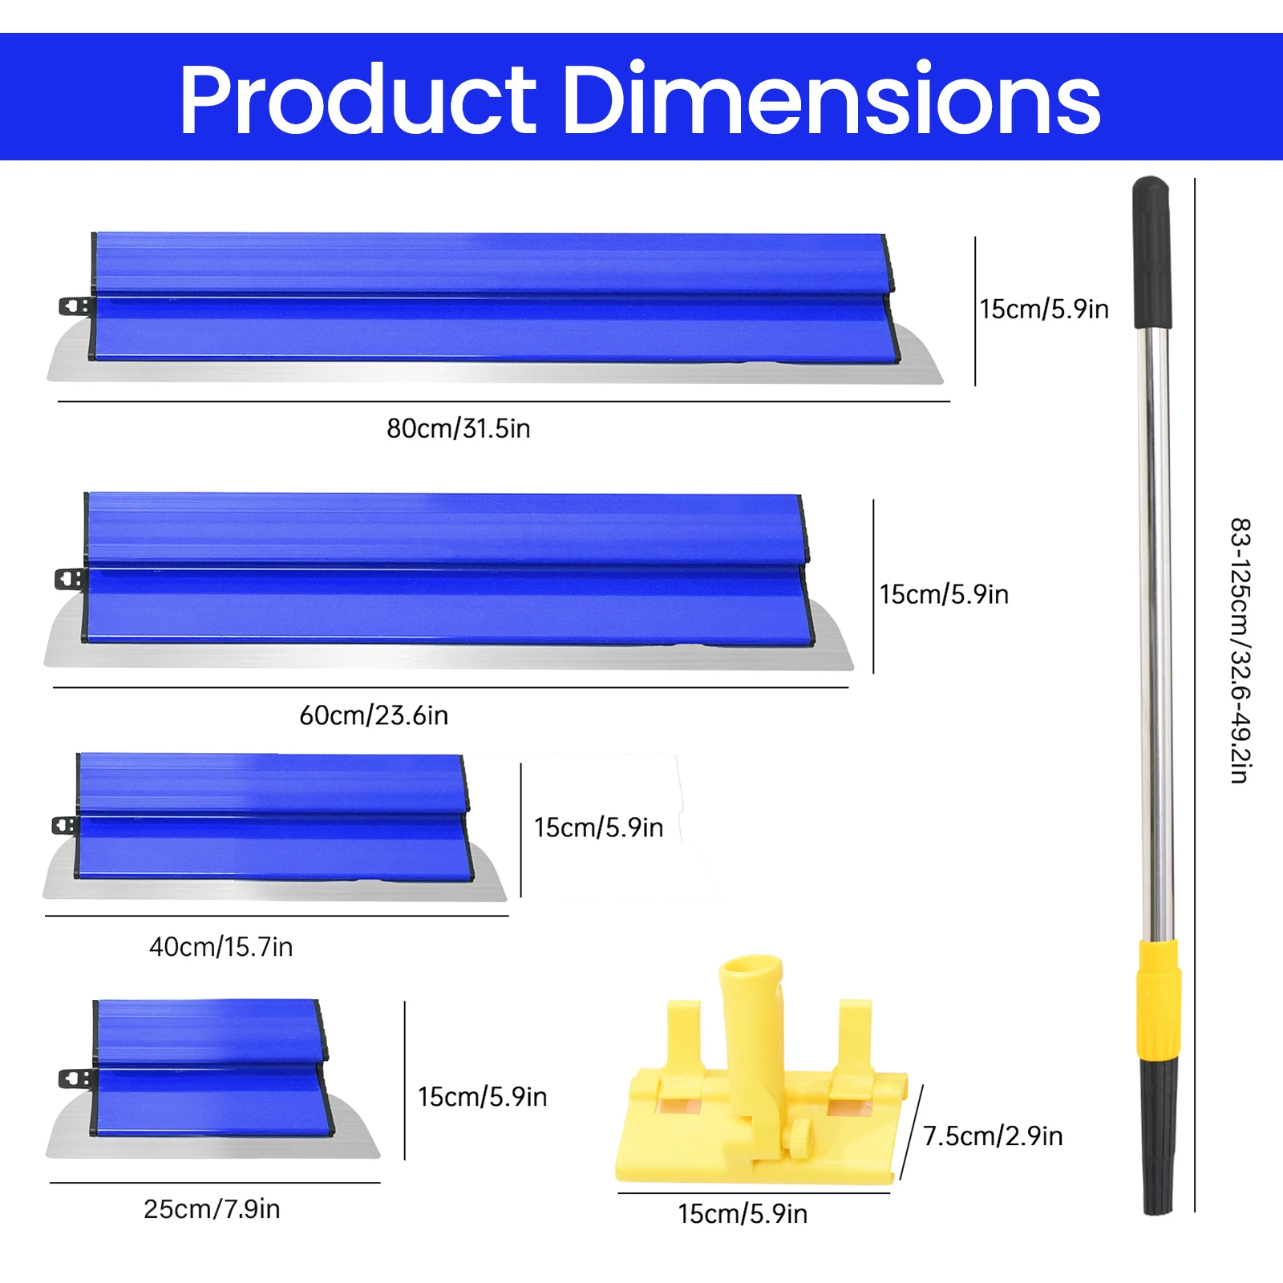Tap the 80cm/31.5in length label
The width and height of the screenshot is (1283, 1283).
(459, 428)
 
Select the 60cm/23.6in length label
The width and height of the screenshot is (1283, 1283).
(374, 714)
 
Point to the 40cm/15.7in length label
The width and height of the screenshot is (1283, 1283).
(221, 946)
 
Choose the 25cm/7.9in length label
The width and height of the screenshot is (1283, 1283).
(212, 1208)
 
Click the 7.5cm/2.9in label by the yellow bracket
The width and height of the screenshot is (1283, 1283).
(993, 1135)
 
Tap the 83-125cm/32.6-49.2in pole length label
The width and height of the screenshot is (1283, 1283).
(1241, 650)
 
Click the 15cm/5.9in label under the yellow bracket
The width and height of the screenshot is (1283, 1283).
(743, 1213)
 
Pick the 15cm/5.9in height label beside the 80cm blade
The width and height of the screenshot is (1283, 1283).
(1044, 309)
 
